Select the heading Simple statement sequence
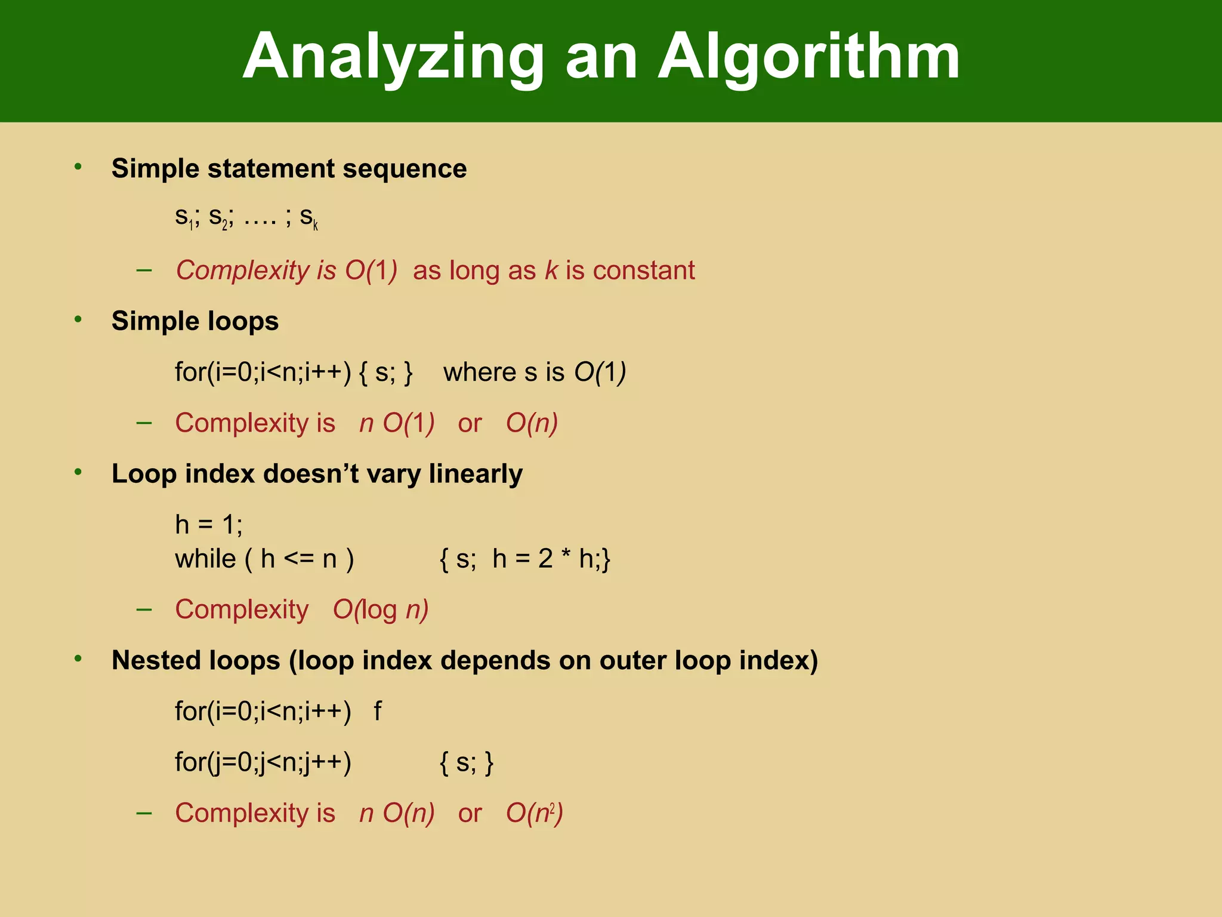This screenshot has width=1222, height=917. click(289, 168)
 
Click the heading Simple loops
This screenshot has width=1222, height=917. click(195, 321)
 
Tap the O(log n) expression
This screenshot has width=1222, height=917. click(381, 610)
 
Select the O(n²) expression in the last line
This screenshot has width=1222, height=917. click(534, 813)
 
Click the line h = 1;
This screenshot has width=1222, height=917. click(209, 525)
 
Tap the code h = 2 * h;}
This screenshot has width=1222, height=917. click(551, 559)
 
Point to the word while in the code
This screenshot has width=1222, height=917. click(205, 559)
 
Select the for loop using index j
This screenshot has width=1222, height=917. click(263, 762)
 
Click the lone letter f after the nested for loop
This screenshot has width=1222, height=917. click(377, 712)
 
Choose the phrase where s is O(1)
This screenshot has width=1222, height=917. click(535, 373)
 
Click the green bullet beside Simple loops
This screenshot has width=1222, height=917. click(78, 320)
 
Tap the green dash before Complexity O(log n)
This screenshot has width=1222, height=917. click(144, 610)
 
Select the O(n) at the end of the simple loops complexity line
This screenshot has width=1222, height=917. click(532, 423)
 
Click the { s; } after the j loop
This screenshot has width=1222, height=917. click(467, 763)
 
